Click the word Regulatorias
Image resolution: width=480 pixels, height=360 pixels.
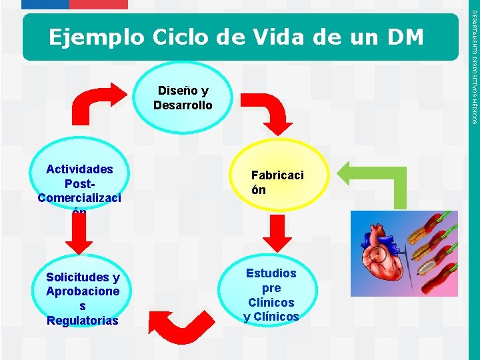click(83, 321)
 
